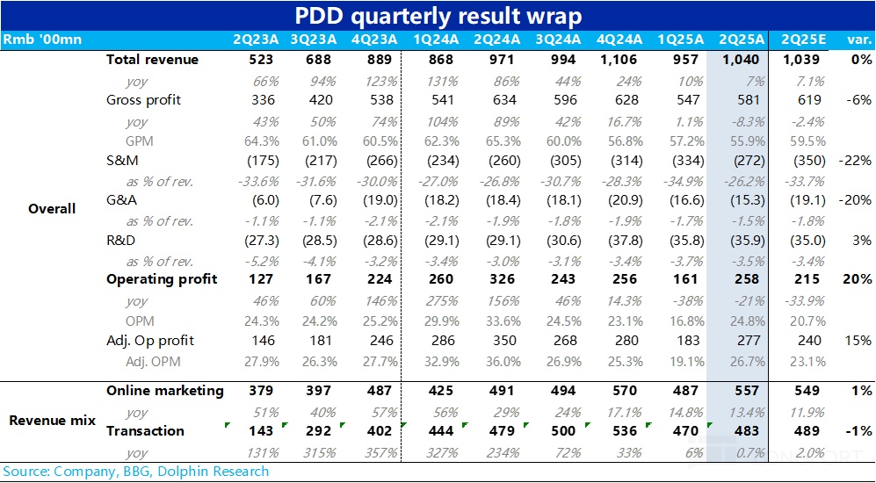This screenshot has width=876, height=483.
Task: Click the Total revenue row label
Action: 152,60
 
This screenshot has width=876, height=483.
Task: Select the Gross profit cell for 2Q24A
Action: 498,100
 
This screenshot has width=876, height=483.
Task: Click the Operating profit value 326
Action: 498,279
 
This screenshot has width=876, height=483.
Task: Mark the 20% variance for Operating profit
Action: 858,279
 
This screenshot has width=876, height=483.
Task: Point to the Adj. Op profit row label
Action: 150,340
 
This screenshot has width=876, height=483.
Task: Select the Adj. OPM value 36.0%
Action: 498,360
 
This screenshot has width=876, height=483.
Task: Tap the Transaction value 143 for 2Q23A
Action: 261,431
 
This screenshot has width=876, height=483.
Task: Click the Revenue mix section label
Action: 52,421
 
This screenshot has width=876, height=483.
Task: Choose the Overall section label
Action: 52,209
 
